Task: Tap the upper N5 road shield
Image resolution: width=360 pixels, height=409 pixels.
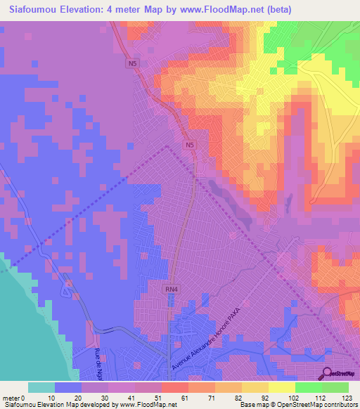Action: [x=132, y=64]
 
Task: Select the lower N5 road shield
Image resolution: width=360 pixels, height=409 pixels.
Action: [x=189, y=145]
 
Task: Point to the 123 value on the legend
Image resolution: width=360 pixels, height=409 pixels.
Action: [x=345, y=397]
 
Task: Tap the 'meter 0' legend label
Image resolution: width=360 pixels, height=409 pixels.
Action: [x=14, y=397]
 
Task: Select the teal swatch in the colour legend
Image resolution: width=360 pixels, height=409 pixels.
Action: [x=41, y=387]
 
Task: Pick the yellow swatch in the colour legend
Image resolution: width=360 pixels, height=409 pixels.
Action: [x=282, y=387]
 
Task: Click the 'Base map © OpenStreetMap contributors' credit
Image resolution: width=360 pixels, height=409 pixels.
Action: [x=296, y=405]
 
